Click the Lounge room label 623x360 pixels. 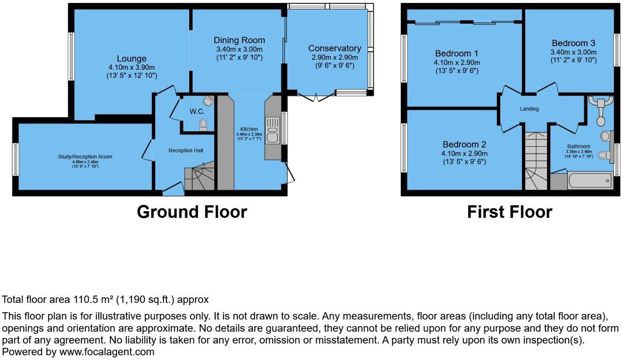132,59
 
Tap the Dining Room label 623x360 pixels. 239,40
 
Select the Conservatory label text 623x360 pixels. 334,48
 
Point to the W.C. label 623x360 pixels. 197,112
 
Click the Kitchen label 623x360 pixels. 249,129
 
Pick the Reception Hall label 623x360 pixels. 186,151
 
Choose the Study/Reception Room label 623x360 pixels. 85,157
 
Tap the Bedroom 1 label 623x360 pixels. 457,53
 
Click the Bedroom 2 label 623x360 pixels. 464,145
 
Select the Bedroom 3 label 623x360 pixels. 573,43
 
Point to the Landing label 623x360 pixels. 529,109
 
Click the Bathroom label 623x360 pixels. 579,146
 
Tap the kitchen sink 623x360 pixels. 272,131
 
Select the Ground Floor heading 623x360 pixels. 192,212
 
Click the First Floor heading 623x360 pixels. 510,212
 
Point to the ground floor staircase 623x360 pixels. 200,177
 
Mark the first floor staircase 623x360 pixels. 536,161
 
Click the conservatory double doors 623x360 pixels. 317,97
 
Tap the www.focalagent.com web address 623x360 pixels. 107,352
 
